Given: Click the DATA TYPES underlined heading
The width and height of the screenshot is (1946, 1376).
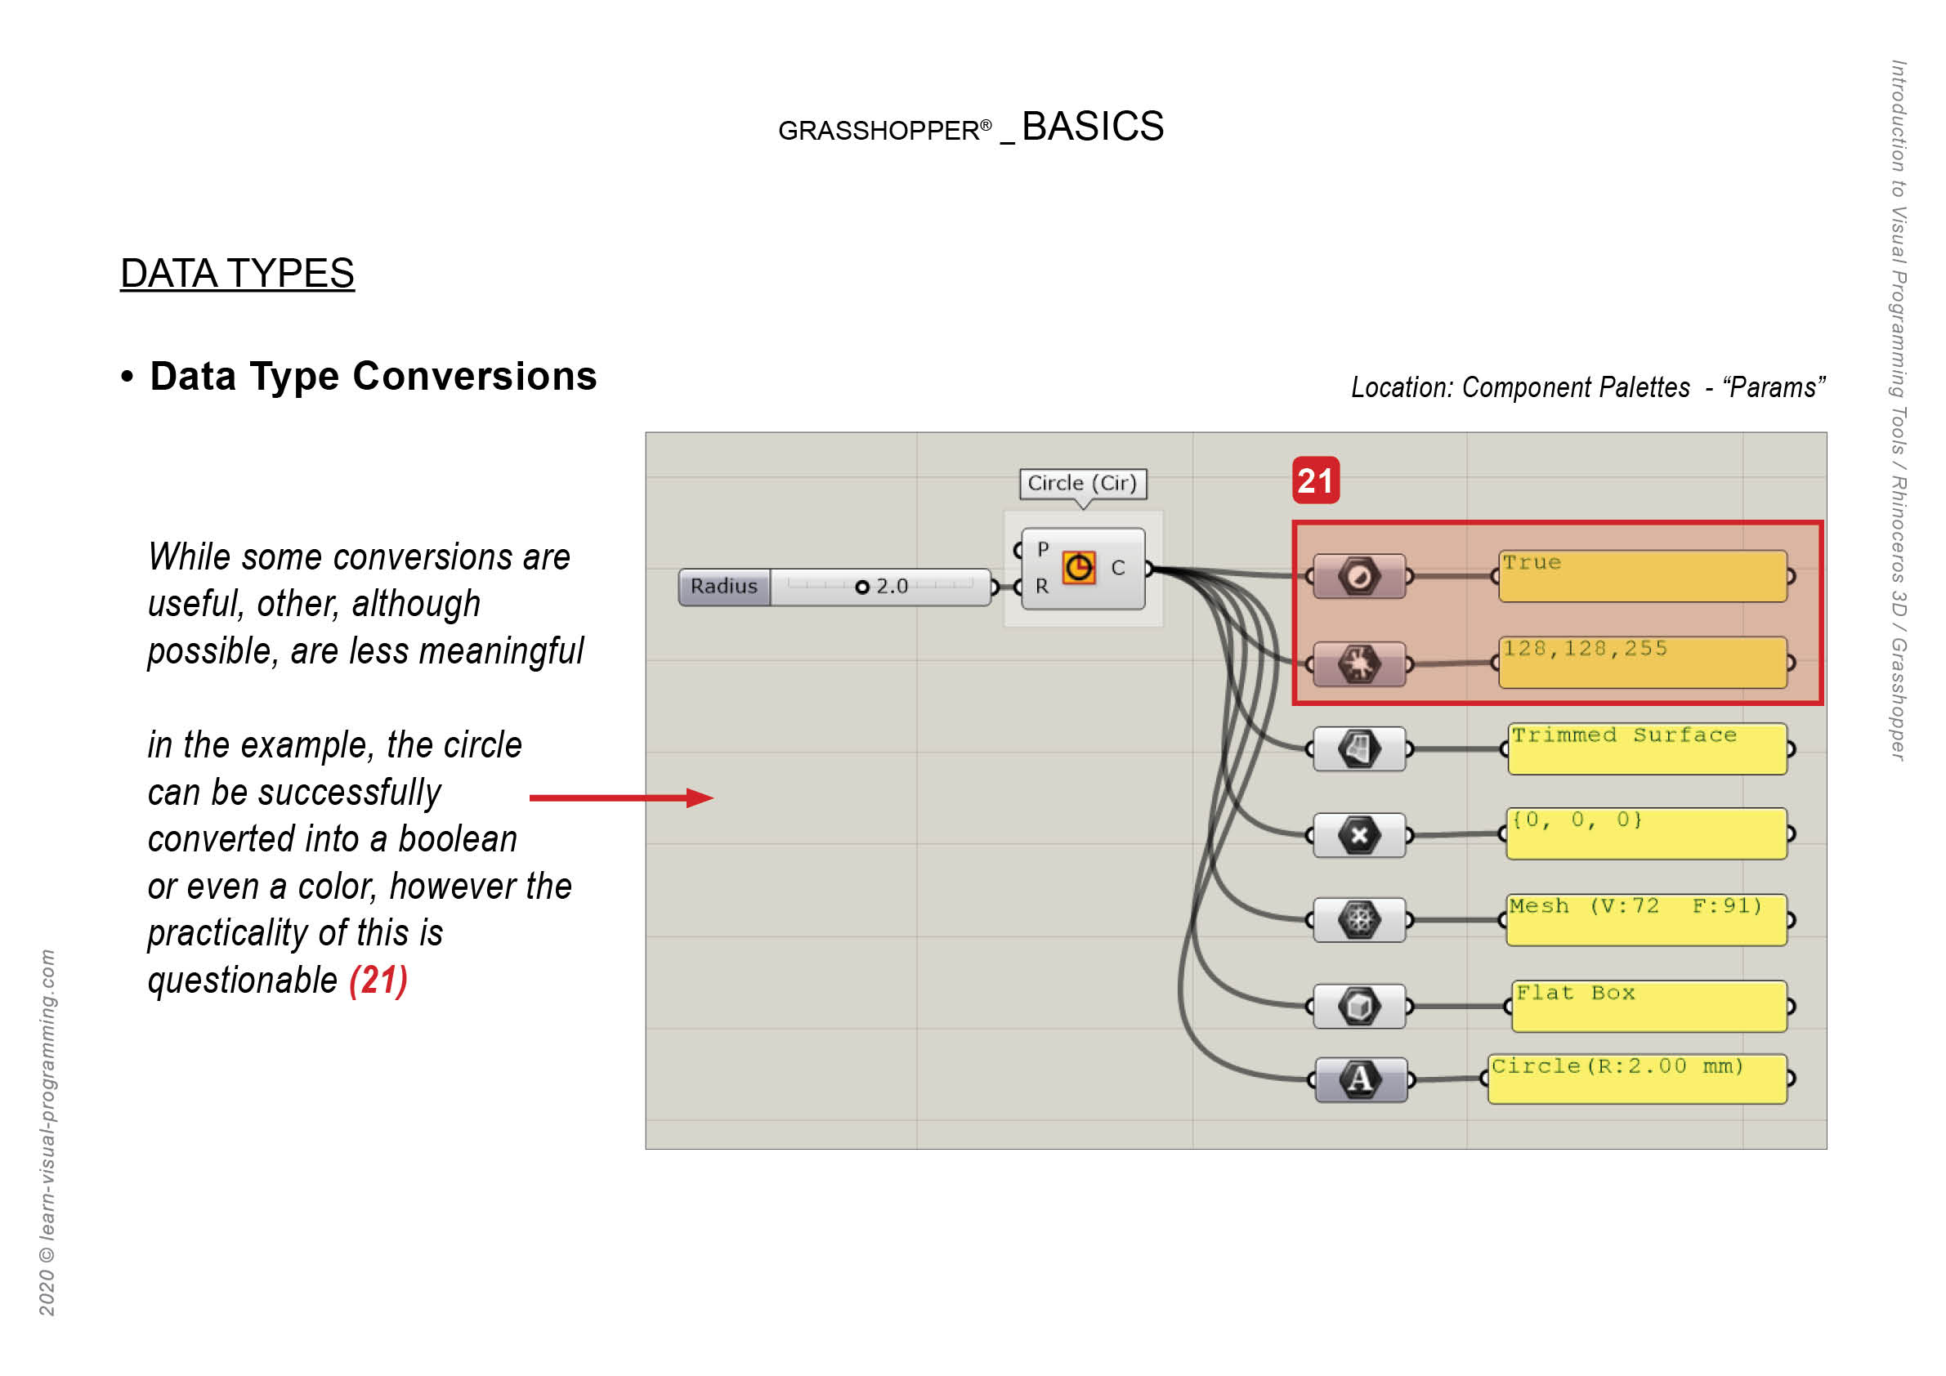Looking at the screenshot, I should (236, 274).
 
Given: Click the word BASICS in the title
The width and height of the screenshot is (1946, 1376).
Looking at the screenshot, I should (1092, 127).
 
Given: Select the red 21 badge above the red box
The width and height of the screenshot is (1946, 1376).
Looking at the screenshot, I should (1314, 481).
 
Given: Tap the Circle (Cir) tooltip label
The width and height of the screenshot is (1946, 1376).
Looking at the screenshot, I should (1081, 483).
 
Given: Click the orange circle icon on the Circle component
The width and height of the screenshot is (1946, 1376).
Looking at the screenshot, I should (1078, 568).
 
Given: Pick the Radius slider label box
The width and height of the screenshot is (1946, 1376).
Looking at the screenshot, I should (723, 587).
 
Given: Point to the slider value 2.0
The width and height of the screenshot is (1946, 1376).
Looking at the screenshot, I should (891, 587).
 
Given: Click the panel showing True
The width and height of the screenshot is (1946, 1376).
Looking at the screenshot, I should (1642, 577).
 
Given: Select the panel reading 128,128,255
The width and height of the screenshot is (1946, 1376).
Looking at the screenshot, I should (1642, 663).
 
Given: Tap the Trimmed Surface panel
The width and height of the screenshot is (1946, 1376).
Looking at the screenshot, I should (1647, 749).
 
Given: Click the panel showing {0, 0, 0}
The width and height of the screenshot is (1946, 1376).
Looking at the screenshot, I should (1646, 834).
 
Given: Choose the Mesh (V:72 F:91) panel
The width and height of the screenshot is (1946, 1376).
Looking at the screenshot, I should (1646, 920).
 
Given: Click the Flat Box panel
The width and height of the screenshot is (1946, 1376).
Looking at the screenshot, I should (1649, 1007).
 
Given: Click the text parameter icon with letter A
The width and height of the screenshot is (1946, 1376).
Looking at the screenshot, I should (1359, 1079).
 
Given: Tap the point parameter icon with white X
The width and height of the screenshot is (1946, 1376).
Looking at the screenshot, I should (1358, 835).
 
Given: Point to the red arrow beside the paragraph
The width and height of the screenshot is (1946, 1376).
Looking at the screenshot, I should (620, 797).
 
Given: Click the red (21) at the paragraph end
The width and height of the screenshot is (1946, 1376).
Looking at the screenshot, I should (378, 981).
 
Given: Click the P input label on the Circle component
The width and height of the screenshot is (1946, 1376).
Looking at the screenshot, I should (1043, 549).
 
